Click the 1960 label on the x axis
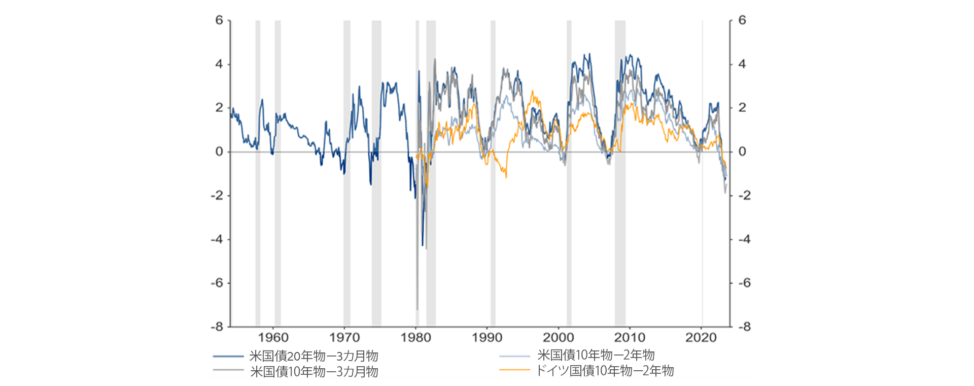[x=273, y=338]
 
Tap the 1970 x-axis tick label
[x=344, y=338]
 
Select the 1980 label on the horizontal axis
[x=416, y=338]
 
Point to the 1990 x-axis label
[x=487, y=338]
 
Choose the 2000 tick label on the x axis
[x=559, y=338]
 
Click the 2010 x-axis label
[x=630, y=338]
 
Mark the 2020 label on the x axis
[x=701, y=338]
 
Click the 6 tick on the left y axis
[x=219, y=20]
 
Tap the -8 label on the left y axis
[x=217, y=327]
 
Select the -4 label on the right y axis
[x=744, y=239]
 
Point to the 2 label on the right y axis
[x=742, y=108]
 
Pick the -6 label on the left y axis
[x=217, y=283]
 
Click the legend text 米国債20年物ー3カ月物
[x=314, y=356]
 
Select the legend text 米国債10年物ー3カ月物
[x=314, y=372]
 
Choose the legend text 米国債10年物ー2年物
[x=596, y=355]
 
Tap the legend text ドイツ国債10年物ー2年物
[x=605, y=371]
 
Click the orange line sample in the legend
[x=515, y=370]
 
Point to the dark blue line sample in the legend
[x=228, y=357]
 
